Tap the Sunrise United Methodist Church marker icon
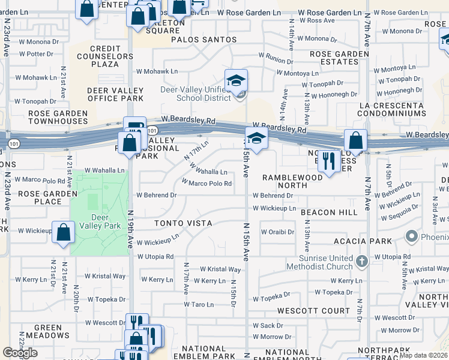pos(361,262)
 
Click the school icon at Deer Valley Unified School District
pos(237,81)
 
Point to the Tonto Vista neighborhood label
pos(183,223)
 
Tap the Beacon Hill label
pos(329,212)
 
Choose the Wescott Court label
pos(313,311)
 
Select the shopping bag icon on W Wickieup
pos(63,233)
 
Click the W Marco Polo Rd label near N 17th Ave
pos(206,183)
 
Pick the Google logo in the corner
pos(20,353)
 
